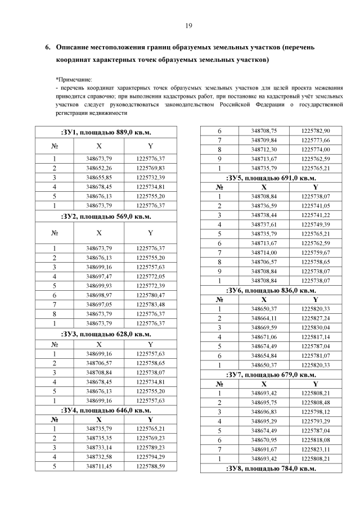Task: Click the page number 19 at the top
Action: pyautogui.click(x=188, y=25)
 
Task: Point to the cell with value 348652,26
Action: pyautogui.click(x=98, y=168)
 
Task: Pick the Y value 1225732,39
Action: pyautogui.click(x=150, y=177)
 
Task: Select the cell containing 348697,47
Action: pyautogui.click(x=98, y=277)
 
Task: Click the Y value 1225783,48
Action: pyautogui.click(x=150, y=304)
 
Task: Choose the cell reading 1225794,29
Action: pyautogui.click(x=150, y=456)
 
